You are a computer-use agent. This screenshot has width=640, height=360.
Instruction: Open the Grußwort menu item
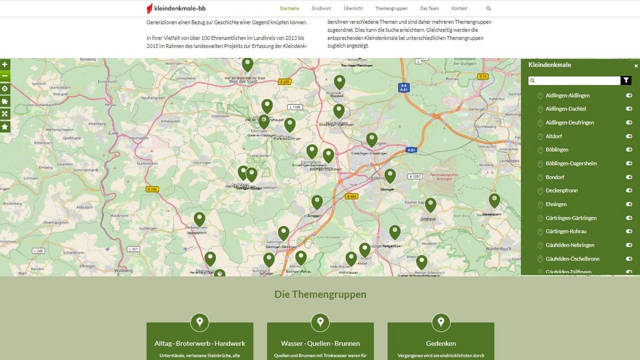coord(321,8)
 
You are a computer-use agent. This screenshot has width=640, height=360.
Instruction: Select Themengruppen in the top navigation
coord(391,8)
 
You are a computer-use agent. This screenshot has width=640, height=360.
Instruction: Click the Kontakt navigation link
coord(459,8)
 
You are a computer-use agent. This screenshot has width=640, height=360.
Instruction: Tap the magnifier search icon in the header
coord(488,8)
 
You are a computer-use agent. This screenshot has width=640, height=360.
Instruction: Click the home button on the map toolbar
coord(5,101)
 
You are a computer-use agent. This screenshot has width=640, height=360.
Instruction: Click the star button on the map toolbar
coord(5,126)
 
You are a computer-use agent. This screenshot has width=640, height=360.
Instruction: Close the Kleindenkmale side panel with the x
coord(636,65)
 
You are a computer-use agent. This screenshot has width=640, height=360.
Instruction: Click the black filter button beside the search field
coord(626,80)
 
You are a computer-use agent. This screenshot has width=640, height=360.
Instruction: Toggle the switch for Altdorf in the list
coord(629,136)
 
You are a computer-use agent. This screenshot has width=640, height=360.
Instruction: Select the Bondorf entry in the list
coord(555,177)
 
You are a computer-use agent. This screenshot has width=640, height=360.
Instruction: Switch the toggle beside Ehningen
coord(629,204)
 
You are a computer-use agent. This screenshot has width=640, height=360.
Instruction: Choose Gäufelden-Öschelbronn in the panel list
coord(572,258)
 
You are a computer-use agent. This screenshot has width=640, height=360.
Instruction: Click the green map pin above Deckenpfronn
coord(199,219)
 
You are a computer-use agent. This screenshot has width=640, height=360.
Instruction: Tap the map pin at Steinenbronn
coord(494,200)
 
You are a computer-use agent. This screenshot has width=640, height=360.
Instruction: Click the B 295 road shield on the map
coord(284,81)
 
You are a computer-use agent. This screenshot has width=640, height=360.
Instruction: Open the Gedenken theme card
coord(440,343)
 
